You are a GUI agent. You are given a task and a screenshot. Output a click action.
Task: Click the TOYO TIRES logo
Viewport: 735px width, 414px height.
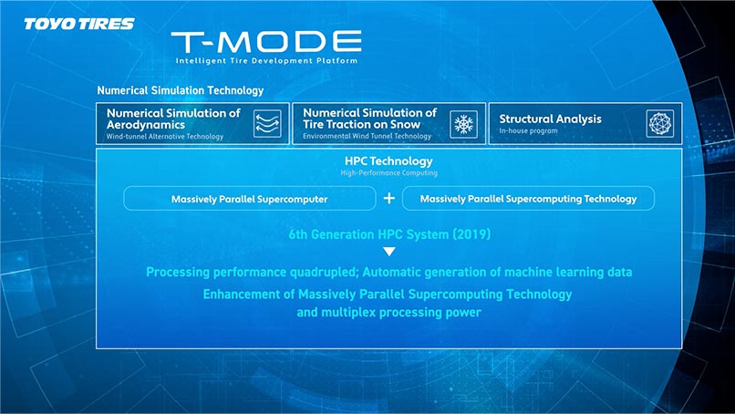(x=79, y=24)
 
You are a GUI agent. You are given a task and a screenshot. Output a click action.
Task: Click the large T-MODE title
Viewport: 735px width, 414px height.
(x=266, y=42)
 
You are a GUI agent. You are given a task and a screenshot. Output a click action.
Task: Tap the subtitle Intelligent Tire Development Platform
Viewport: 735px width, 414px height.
(x=266, y=60)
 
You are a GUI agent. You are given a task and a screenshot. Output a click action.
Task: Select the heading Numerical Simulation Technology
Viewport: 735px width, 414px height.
(x=181, y=90)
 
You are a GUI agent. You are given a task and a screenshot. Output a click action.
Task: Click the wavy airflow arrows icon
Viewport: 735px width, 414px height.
(x=268, y=124)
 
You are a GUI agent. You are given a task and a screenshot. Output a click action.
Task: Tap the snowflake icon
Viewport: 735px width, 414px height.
(x=463, y=124)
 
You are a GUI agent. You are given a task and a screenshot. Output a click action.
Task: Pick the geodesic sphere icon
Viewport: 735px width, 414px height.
(x=660, y=124)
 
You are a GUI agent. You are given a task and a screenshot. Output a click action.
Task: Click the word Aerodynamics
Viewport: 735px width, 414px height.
(x=146, y=125)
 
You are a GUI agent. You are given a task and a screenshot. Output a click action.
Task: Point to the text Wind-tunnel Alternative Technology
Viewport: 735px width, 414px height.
(x=165, y=137)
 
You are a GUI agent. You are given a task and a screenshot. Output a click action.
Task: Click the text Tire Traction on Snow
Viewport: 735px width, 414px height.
(x=362, y=124)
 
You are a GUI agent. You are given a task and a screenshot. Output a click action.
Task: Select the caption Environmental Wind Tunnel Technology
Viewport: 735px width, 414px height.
(x=367, y=136)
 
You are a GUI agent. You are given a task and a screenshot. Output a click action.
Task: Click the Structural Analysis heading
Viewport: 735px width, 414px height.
(x=550, y=119)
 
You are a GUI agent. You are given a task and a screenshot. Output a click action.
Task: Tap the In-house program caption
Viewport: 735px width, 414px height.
(x=528, y=130)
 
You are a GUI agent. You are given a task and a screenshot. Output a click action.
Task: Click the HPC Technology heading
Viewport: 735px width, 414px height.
(x=388, y=161)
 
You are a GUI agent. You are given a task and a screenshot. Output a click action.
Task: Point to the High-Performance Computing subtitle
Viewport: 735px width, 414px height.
(x=389, y=173)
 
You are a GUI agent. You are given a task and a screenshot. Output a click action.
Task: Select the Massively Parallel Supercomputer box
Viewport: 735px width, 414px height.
(x=249, y=198)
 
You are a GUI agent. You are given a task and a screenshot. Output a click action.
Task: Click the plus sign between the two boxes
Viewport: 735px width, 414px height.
(x=389, y=198)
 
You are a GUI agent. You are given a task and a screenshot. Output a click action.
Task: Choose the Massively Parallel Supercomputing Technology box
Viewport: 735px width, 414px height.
(x=528, y=198)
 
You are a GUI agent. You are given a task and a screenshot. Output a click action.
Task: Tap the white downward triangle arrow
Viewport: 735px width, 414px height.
(x=389, y=252)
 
